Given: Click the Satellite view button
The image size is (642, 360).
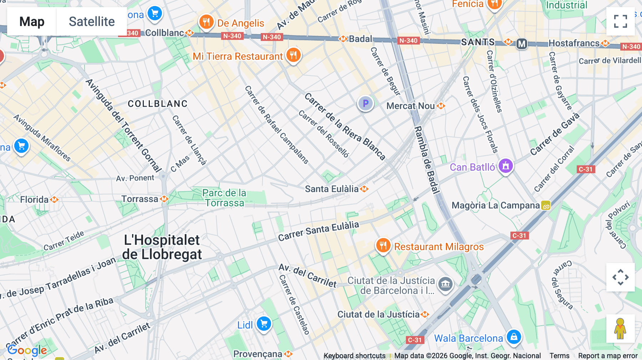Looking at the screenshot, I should click(x=92, y=21).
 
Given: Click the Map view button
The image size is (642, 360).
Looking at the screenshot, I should click(x=32, y=21).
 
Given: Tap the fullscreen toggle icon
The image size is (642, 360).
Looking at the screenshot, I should click(x=620, y=21).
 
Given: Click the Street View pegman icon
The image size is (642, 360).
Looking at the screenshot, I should click(x=620, y=329).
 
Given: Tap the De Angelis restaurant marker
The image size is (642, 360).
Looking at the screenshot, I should click(x=206, y=22).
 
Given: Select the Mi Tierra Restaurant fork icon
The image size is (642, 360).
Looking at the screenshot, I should click(x=293, y=55).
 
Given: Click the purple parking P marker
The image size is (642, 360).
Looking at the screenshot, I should click(x=365, y=104).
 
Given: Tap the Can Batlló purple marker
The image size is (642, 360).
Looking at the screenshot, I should click(x=505, y=166).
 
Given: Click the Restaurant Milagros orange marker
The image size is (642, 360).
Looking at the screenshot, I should click(x=383, y=246).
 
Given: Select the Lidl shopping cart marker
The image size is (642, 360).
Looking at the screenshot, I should click(x=264, y=324).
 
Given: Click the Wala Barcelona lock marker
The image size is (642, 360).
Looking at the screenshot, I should click(x=514, y=336).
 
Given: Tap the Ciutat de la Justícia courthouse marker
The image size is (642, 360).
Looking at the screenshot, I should click(x=445, y=284).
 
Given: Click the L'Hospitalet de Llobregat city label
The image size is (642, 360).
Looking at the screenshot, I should click(x=162, y=247).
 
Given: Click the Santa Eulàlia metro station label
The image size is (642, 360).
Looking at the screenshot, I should click(x=332, y=189).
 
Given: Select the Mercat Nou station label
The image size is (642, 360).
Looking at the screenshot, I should click(x=411, y=106).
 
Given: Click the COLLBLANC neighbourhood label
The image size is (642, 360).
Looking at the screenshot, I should click(x=158, y=104).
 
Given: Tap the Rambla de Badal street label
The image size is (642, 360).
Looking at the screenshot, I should click(x=427, y=159).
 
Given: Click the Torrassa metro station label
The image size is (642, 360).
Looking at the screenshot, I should click(x=140, y=199).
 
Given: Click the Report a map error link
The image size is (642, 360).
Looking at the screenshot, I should click(x=608, y=356).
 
